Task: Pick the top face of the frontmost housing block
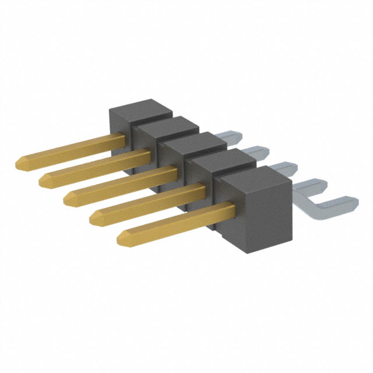(x=255, y=177)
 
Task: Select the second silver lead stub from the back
(x=256, y=153)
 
